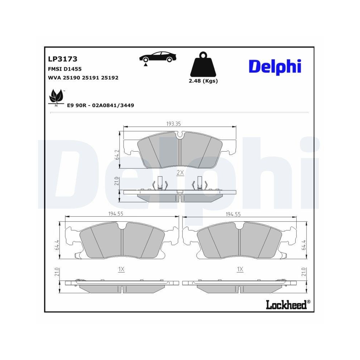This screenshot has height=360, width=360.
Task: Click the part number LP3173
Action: [x=63, y=59]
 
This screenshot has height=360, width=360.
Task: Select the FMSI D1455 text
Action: [x=65, y=68]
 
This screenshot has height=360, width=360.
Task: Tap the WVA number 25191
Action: [x=91, y=77]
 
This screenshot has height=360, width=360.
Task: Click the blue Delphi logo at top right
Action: [x=274, y=67]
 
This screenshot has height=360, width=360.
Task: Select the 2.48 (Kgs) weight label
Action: [x=203, y=81]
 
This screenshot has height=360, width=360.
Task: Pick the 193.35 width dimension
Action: [x=173, y=123]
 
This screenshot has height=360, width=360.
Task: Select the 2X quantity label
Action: [x=180, y=173]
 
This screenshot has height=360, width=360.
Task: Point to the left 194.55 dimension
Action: [x=116, y=213]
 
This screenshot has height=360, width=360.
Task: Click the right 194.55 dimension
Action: [x=233, y=214]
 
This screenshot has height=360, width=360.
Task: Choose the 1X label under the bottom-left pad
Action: [x=121, y=269]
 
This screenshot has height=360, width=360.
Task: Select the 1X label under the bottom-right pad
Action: [x=240, y=269]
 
